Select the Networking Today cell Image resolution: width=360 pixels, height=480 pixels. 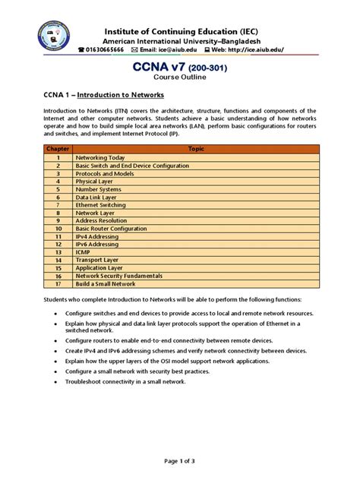(102, 157)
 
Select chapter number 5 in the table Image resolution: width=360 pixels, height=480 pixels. (58, 189)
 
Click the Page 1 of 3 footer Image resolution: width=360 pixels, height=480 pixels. (179, 461)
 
